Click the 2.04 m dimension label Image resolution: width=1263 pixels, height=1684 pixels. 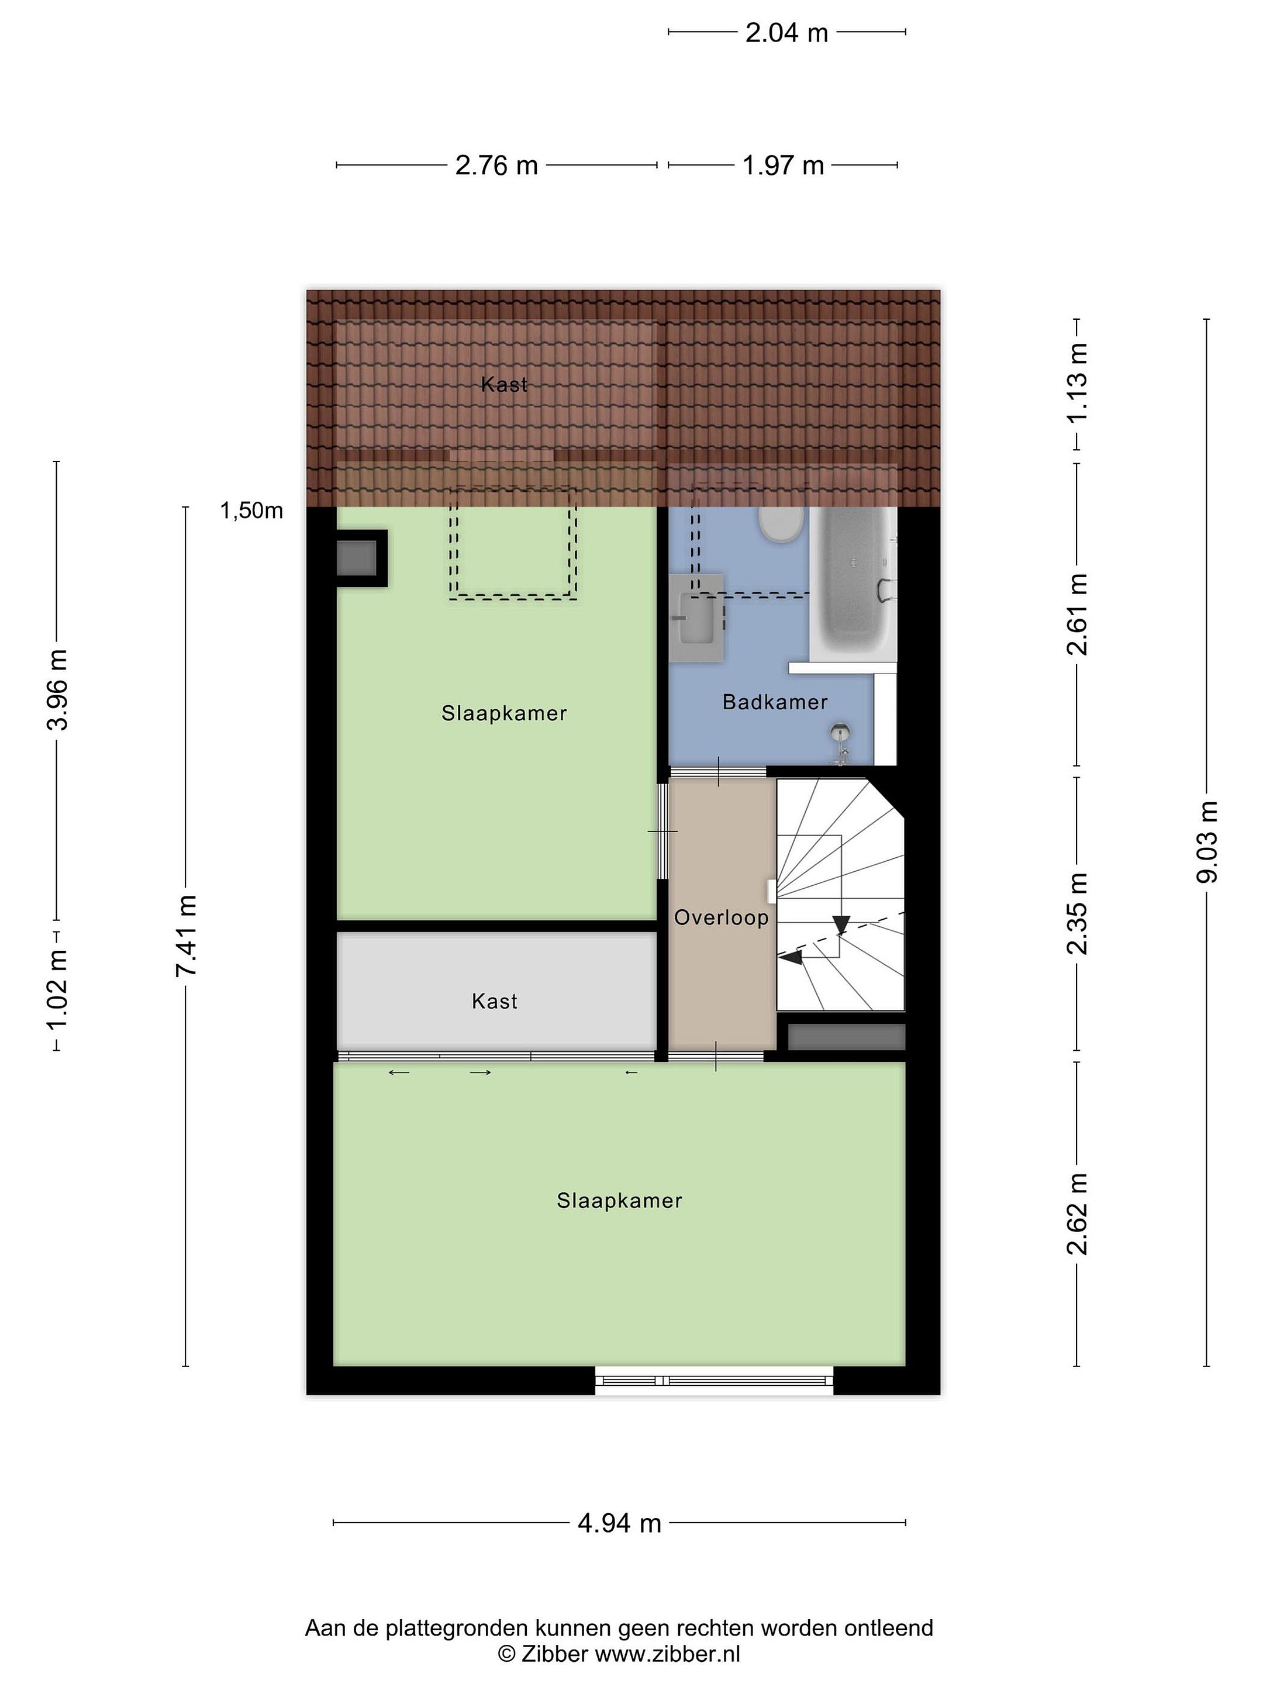pos(786,33)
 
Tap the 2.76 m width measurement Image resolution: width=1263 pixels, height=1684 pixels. pos(496,165)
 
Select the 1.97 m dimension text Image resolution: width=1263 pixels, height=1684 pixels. pos(784,165)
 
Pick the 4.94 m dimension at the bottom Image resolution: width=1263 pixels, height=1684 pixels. pos(619,1523)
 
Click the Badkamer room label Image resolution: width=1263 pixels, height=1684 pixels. pos(775,702)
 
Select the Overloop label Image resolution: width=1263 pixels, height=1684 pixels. pos(721,917)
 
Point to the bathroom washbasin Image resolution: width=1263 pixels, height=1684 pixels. pos(696,618)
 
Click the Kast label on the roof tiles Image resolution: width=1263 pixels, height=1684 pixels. pos(504,385)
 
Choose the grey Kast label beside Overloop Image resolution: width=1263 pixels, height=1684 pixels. pos(494,1001)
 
